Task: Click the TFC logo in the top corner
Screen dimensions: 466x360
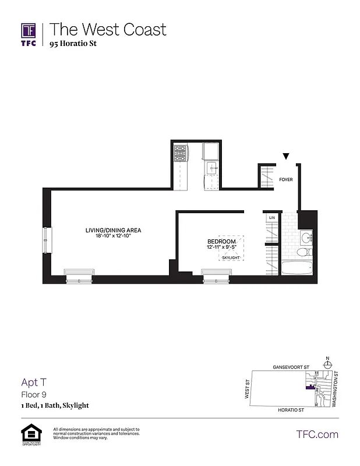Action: pos(29,34)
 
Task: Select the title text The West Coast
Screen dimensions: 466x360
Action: pos(107,29)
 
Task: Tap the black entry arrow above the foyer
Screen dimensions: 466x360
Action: pos(285,156)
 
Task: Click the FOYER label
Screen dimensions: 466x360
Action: pos(285,179)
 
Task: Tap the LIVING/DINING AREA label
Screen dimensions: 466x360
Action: pos(113,230)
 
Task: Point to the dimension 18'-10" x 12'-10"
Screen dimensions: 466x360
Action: pos(113,236)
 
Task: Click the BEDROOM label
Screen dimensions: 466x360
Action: pos(221,242)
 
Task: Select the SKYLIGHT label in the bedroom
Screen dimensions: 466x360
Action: pos(231,257)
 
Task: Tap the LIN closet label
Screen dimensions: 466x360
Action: pos(271,218)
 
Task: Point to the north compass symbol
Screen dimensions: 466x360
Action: pos(327,365)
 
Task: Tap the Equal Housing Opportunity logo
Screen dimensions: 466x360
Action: pos(29,435)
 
